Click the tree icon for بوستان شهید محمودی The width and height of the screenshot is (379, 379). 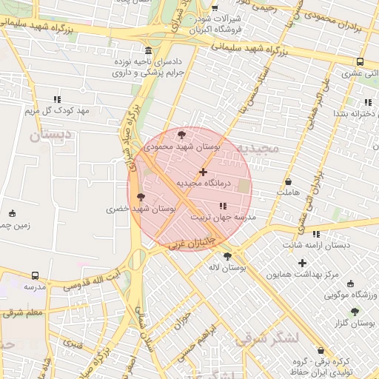coord(182,133)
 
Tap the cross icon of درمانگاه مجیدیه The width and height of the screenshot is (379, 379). coord(204,172)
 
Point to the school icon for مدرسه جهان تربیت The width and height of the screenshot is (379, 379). coord(223,206)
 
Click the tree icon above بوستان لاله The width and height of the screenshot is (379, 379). coord(227,256)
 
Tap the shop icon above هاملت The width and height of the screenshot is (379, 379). coord(288,181)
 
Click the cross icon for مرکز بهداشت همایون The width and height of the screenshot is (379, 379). coord(301,263)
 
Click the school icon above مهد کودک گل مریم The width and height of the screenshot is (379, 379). coord(56,99)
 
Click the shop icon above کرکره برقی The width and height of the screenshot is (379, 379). coord(320,350)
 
